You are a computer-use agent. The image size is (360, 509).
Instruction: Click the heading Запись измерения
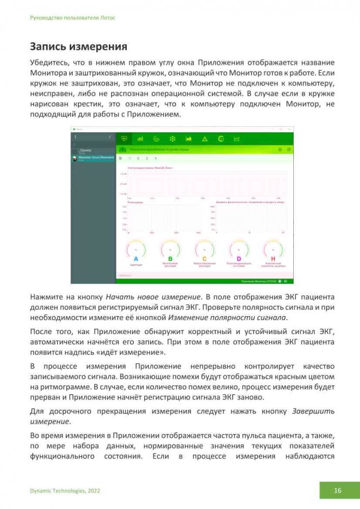(78, 47)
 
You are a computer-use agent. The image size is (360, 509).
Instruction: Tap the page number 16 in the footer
(338, 491)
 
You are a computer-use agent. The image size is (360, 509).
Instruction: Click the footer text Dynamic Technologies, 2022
(65, 491)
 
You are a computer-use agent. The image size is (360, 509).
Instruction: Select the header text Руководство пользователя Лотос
(73, 17)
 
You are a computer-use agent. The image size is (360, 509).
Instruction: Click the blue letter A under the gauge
(136, 259)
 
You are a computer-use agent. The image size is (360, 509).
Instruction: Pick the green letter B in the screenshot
(170, 259)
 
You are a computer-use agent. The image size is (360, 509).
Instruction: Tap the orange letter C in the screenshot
(204, 259)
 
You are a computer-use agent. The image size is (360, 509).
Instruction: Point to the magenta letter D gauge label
(239, 259)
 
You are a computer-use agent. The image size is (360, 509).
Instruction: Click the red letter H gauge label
(273, 259)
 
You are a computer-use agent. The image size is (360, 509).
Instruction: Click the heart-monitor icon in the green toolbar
(124, 138)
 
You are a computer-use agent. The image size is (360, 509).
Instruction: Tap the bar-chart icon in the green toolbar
(140, 138)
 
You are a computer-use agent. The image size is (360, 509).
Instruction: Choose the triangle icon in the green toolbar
(205, 138)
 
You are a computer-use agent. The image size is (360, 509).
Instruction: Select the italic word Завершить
(313, 411)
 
